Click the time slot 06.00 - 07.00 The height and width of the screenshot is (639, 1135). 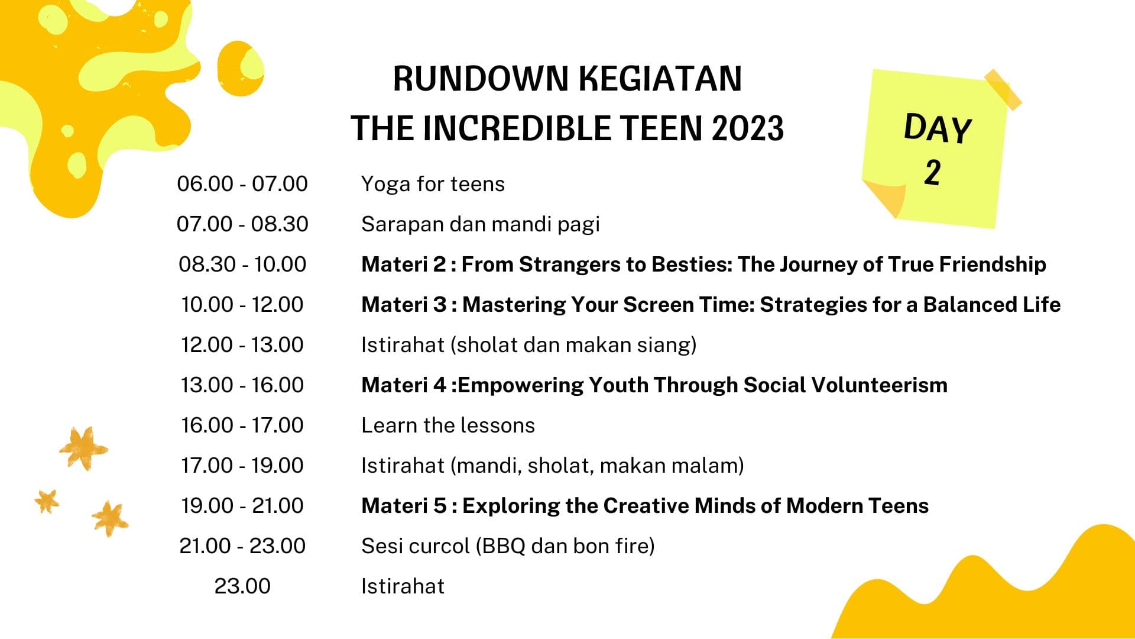pos(242,184)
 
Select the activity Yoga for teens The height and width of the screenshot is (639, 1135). pos(433,184)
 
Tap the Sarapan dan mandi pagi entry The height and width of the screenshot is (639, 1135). pos(480,224)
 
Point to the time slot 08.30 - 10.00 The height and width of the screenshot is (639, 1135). pos(242,264)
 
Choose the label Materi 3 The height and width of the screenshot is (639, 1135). pos(404,305)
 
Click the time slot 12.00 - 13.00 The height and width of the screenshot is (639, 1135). pos(242,345)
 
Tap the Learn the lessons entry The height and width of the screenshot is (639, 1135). pos(448,425)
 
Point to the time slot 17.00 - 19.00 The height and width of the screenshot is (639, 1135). pos(242,466)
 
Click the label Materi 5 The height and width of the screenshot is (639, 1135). pos(404,506)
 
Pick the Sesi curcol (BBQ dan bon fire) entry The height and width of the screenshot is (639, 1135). pos(508,546)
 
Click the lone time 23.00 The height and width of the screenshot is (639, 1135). pos(242,586)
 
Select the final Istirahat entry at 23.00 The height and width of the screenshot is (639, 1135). pos(403,586)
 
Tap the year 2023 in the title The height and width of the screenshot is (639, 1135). pos(748,128)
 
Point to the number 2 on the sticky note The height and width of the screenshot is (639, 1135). pos(932,173)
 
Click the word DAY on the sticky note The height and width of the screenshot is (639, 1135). pos(938,128)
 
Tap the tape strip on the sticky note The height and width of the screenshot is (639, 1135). pos(1003,89)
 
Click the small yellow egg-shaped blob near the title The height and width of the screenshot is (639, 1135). pos(240,69)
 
